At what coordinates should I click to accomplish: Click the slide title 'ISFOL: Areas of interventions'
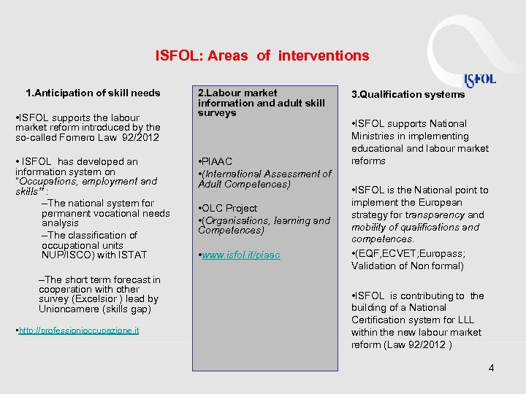262,55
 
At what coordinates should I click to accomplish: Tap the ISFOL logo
480,80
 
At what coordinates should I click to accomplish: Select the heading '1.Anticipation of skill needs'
93,93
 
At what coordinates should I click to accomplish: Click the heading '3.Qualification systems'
408,94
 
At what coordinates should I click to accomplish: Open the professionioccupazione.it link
69,331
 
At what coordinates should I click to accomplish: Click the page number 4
491,368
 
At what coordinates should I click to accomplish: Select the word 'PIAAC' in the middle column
218,163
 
